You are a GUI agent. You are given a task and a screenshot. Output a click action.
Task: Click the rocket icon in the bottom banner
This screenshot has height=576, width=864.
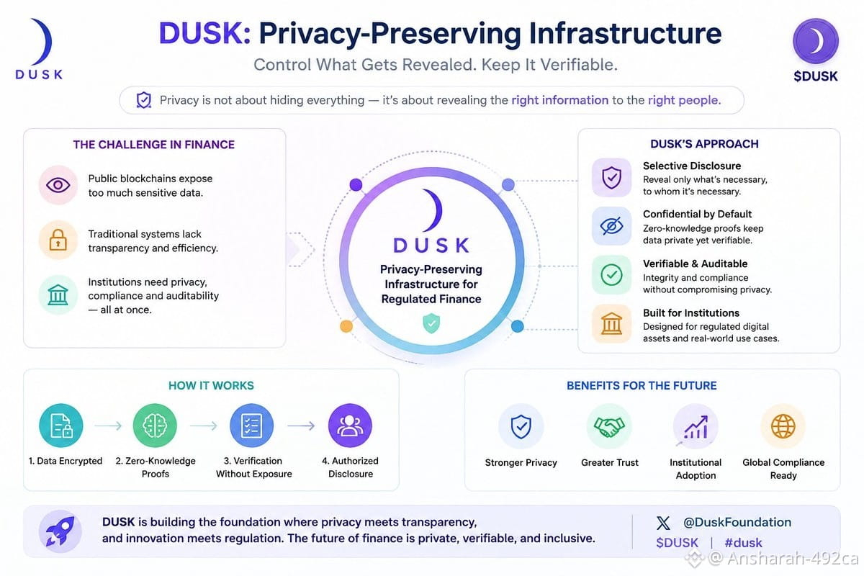pos(60,531)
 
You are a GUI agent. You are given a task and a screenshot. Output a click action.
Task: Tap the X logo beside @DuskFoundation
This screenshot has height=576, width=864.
pos(663,523)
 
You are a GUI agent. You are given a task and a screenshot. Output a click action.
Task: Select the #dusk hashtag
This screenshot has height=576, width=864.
pos(743,543)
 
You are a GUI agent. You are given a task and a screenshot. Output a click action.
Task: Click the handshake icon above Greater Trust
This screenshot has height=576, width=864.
pos(609,426)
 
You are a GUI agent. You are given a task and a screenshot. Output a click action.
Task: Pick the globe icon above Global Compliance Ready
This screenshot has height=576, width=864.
pos(783,426)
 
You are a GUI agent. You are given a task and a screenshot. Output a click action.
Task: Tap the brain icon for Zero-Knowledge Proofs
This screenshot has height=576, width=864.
pos(155,426)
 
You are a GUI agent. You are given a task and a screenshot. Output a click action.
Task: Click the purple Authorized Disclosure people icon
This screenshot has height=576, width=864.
pos(350,426)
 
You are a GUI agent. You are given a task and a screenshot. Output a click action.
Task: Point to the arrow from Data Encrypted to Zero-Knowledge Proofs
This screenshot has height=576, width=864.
pos(109,426)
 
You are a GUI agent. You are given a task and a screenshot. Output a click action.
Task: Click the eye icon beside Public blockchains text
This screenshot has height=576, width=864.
pos(58,185)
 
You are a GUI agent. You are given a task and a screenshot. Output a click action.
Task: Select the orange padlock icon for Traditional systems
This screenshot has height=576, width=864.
pos(58,240)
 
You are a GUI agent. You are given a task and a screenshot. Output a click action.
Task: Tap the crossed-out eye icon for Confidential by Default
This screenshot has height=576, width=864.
pos(612,225)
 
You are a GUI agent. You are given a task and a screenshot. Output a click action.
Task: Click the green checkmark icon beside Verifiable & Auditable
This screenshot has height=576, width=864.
pos(612,275)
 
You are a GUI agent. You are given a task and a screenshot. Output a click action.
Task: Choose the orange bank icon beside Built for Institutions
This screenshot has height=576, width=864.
pos(612,323)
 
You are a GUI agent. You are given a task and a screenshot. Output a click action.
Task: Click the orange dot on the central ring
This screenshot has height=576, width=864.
pos(346,326)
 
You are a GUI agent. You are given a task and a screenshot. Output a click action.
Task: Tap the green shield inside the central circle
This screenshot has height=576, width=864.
pos(431,323)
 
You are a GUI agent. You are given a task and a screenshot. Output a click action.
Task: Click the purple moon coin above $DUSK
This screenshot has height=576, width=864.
pos(815,41)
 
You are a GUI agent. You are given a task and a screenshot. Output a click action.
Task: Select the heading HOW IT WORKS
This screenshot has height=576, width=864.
pos(211,385)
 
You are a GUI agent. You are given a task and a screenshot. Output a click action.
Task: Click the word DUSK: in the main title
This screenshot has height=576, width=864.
pos(204,33)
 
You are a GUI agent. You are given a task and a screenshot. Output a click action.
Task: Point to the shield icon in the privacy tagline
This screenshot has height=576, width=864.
pos(144,100)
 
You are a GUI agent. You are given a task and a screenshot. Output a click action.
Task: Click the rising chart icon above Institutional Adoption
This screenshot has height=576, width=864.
pos(696,427)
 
